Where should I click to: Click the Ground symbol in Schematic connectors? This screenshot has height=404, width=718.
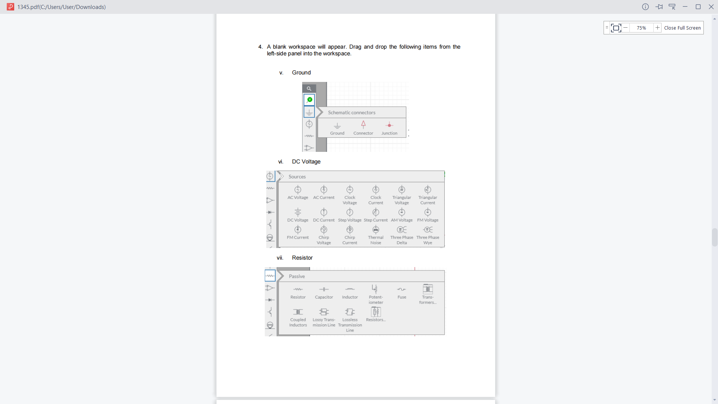click(337, 126)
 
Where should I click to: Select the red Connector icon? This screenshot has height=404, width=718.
click(363, 124)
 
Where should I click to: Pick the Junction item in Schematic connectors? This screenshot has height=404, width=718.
click(389, 125)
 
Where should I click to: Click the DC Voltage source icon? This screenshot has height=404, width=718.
click(298, 212)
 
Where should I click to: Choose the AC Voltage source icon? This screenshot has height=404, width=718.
click(298, 190)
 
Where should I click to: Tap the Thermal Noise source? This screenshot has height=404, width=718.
click(375, 230)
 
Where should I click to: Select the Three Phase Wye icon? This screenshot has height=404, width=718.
click(428, 230)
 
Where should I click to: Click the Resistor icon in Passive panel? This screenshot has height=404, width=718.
click(298, 289)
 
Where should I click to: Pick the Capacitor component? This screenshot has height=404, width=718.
click(324, 289)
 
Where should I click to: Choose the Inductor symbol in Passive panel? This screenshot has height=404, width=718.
click(350, 289)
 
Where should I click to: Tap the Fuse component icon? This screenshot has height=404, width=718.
click(402, 289)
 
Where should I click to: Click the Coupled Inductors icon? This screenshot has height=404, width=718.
click(298, 312)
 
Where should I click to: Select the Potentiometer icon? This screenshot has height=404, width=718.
click(375, 289)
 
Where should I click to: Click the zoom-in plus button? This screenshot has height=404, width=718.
click(657, 28)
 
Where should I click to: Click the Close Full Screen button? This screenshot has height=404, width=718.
click(682, 28)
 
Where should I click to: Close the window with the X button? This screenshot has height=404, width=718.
click(711, 7)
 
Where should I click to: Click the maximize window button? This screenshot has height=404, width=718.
click(698, 7)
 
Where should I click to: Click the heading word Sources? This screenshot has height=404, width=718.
click(297, 177)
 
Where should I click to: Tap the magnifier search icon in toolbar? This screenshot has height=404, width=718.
click(309, 89)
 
